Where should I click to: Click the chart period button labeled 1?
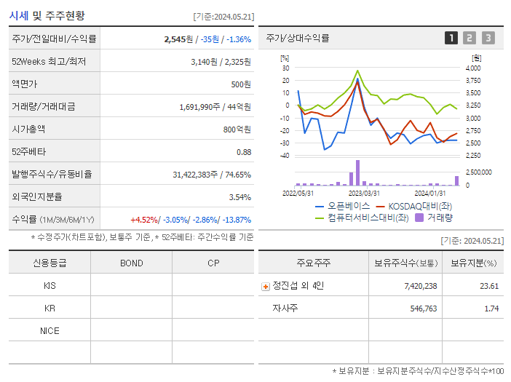pyautogui.click(x=451, y=38)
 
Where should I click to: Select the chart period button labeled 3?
pyautogui.click(x=488, y=38)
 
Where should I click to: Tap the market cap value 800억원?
pyautogui.click(x=238, y=129)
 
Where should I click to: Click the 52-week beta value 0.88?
pyautogui.click(x=244, y=151)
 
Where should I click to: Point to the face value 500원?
pyautogui.click(x=241, y=84)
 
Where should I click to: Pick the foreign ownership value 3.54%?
pyautogui.click(x=239, y=196)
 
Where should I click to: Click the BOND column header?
pyautogui.click(x=131, y=263)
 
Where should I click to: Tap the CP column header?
pyautogui.click(x=213, y=263)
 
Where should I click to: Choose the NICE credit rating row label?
pyautogui.click(x=49, y=330)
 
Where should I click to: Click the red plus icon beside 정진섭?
pyautogui.click(x=266, y=286)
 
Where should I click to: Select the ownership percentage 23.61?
pyautogui.click(x=488, y=286)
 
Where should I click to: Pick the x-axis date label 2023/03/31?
pyautogui.click(x=364, y=193)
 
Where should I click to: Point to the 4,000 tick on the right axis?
pyautogui.click(x=472, y=68)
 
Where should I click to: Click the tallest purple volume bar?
pyautogui.click(x=357, y=173)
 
